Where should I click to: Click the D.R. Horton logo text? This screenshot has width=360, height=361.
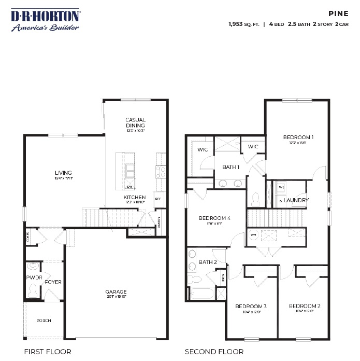coord(46,16)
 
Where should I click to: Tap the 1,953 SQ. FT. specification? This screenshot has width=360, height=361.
coord(243,24)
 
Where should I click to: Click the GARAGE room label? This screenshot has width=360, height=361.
coord(116,291)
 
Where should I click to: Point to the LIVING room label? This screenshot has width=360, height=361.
coord(63,173)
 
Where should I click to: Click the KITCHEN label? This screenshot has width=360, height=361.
coord(134,198)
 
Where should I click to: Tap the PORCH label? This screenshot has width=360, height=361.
coord(44,321)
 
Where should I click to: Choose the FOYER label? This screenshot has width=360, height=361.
coord(53,282)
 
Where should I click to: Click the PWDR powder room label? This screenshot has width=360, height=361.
coord(34,277)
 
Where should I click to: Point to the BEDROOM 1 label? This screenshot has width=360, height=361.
coord(298,137)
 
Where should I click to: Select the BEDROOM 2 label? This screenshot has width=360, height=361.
coord(304,306)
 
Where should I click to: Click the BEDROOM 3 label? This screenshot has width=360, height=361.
coord(251,306)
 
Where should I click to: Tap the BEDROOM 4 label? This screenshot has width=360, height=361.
coord(214,218)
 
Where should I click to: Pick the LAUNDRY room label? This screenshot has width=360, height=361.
coord(296,200)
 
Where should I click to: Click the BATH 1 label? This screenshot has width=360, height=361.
coord(231,167)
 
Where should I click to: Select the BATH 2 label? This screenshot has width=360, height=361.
coord(208,262)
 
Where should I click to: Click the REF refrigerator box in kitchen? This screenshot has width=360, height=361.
coord(157,198)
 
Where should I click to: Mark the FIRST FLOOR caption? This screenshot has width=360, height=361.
coord(48,352)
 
